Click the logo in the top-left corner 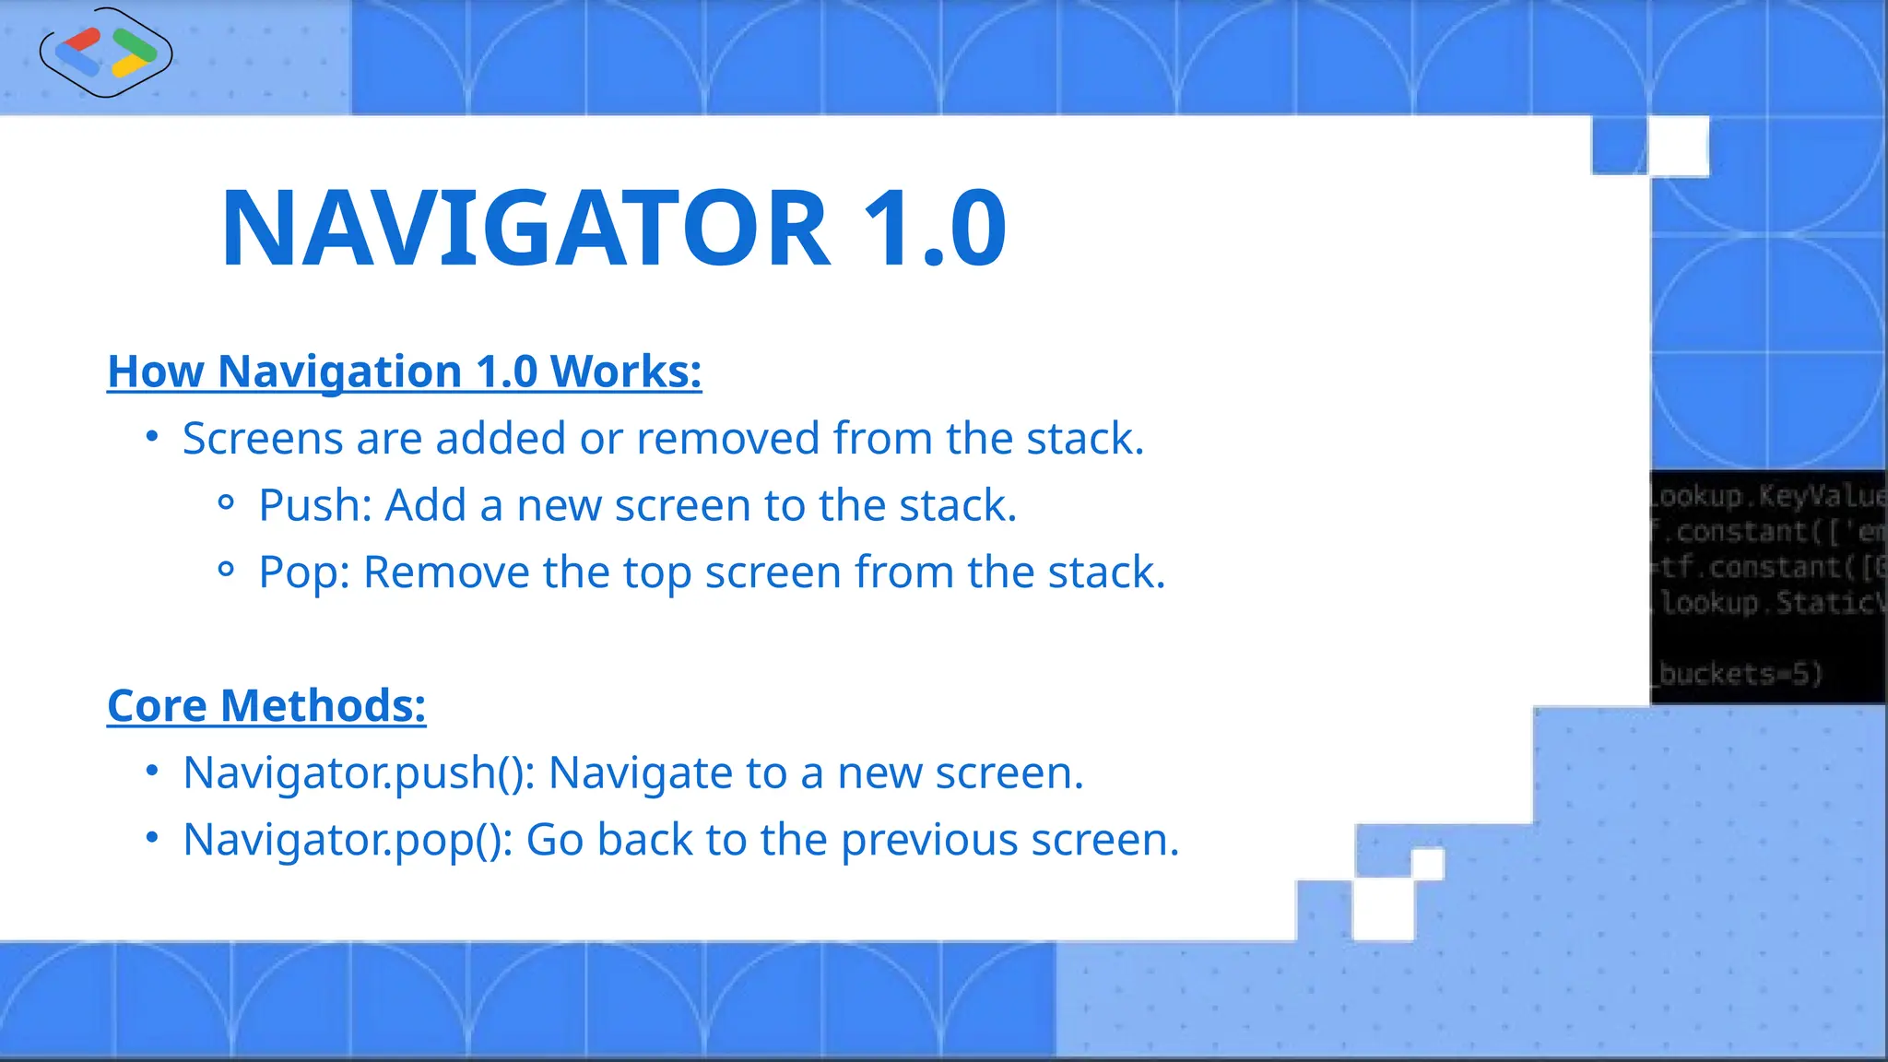point(106,52)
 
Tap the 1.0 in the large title point(934,229)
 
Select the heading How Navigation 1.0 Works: point(404,372)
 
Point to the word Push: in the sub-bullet point(314,506)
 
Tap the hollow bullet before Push point(226,503)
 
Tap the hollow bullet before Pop point(226,570)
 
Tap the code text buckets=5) point(1740,674)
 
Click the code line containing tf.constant point(1770,567)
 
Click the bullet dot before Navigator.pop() point(153,837)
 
